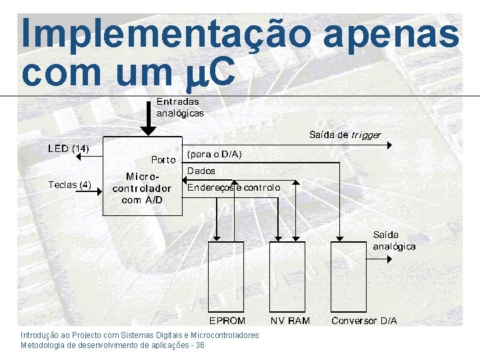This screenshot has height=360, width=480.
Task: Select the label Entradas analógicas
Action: [179, 107]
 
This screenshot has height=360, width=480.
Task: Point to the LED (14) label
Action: [69, 148]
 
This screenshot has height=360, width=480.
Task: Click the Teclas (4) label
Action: [69, 185]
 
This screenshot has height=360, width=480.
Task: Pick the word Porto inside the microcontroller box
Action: [163, 160]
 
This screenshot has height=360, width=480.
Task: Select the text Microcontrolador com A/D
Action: [142, 188]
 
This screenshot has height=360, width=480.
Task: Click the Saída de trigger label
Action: [345, 135]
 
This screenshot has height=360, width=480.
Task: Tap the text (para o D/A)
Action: [215, 155]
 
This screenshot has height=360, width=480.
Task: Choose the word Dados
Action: [201, 171]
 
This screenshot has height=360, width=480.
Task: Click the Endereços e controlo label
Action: [234, 188]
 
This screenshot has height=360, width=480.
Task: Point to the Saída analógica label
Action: [394, 241]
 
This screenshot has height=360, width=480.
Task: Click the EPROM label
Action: [228, 321]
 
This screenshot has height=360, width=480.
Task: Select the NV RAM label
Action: [290, 321]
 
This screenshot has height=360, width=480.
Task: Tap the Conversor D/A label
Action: [364, 321]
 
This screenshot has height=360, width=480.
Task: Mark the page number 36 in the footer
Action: [200, 345]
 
